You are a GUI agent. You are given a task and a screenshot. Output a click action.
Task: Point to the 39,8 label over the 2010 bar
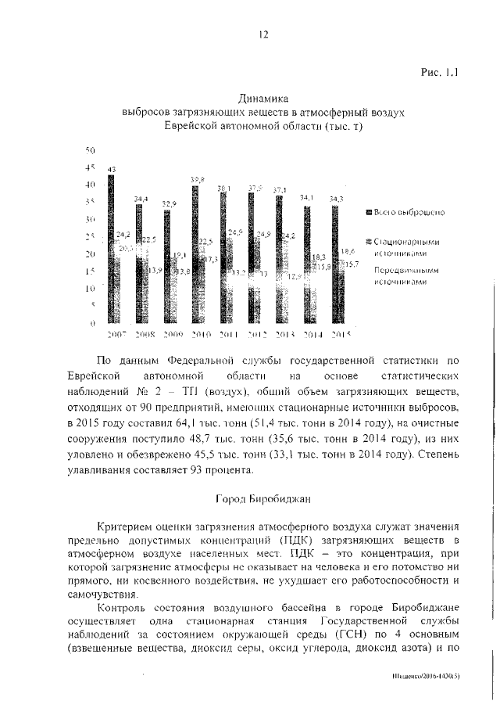tap(197, 180)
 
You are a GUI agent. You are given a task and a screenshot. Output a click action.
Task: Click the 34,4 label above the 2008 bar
tap(142, 199)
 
